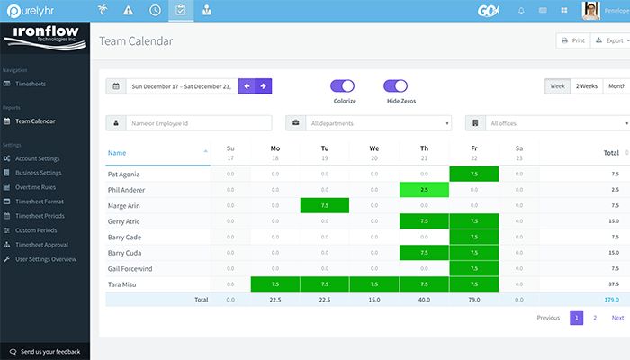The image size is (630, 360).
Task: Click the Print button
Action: [x=572, y=41]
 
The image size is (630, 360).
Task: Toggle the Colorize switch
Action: [x=344, y=86]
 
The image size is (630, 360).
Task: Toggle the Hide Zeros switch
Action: [x=396, y=86]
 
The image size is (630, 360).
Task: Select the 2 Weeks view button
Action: [x=586, y=86]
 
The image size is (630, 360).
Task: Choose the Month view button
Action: [x=616, y=86]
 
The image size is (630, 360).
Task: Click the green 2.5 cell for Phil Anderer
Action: [x=424, y=190]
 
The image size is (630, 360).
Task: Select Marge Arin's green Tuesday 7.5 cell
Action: [x=325, y=206]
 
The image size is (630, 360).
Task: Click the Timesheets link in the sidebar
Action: [x=32, y=83]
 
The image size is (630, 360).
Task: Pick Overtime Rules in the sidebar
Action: [x=37, y=187]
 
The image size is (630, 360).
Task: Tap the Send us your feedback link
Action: [x=49, y=351]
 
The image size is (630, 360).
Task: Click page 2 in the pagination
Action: [x=595, y=318]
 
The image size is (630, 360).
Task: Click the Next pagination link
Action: [x=617, y=318]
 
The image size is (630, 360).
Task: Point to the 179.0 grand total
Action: [x=612, y=300]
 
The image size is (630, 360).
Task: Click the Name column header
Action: [x=117, y=153]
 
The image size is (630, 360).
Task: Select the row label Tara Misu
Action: [x=124, y=284]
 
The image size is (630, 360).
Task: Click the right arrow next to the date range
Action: [x=264, y=86]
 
